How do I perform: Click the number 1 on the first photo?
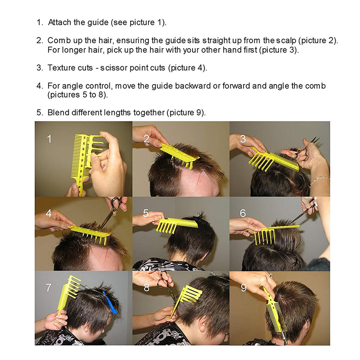click(49, 139)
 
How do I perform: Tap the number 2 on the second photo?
click(147, 139)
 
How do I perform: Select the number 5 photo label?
click(146, 213)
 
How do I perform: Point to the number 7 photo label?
click(49, 288)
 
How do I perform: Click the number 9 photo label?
click(243, 288)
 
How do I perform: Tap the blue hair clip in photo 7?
click(111, 302)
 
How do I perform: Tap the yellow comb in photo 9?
click(274, 310)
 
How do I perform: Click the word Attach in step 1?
click(60, 22)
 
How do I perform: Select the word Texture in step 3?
click(62, 68)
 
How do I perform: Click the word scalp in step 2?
click(286, 41)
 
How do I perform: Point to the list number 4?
click(40, 86)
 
